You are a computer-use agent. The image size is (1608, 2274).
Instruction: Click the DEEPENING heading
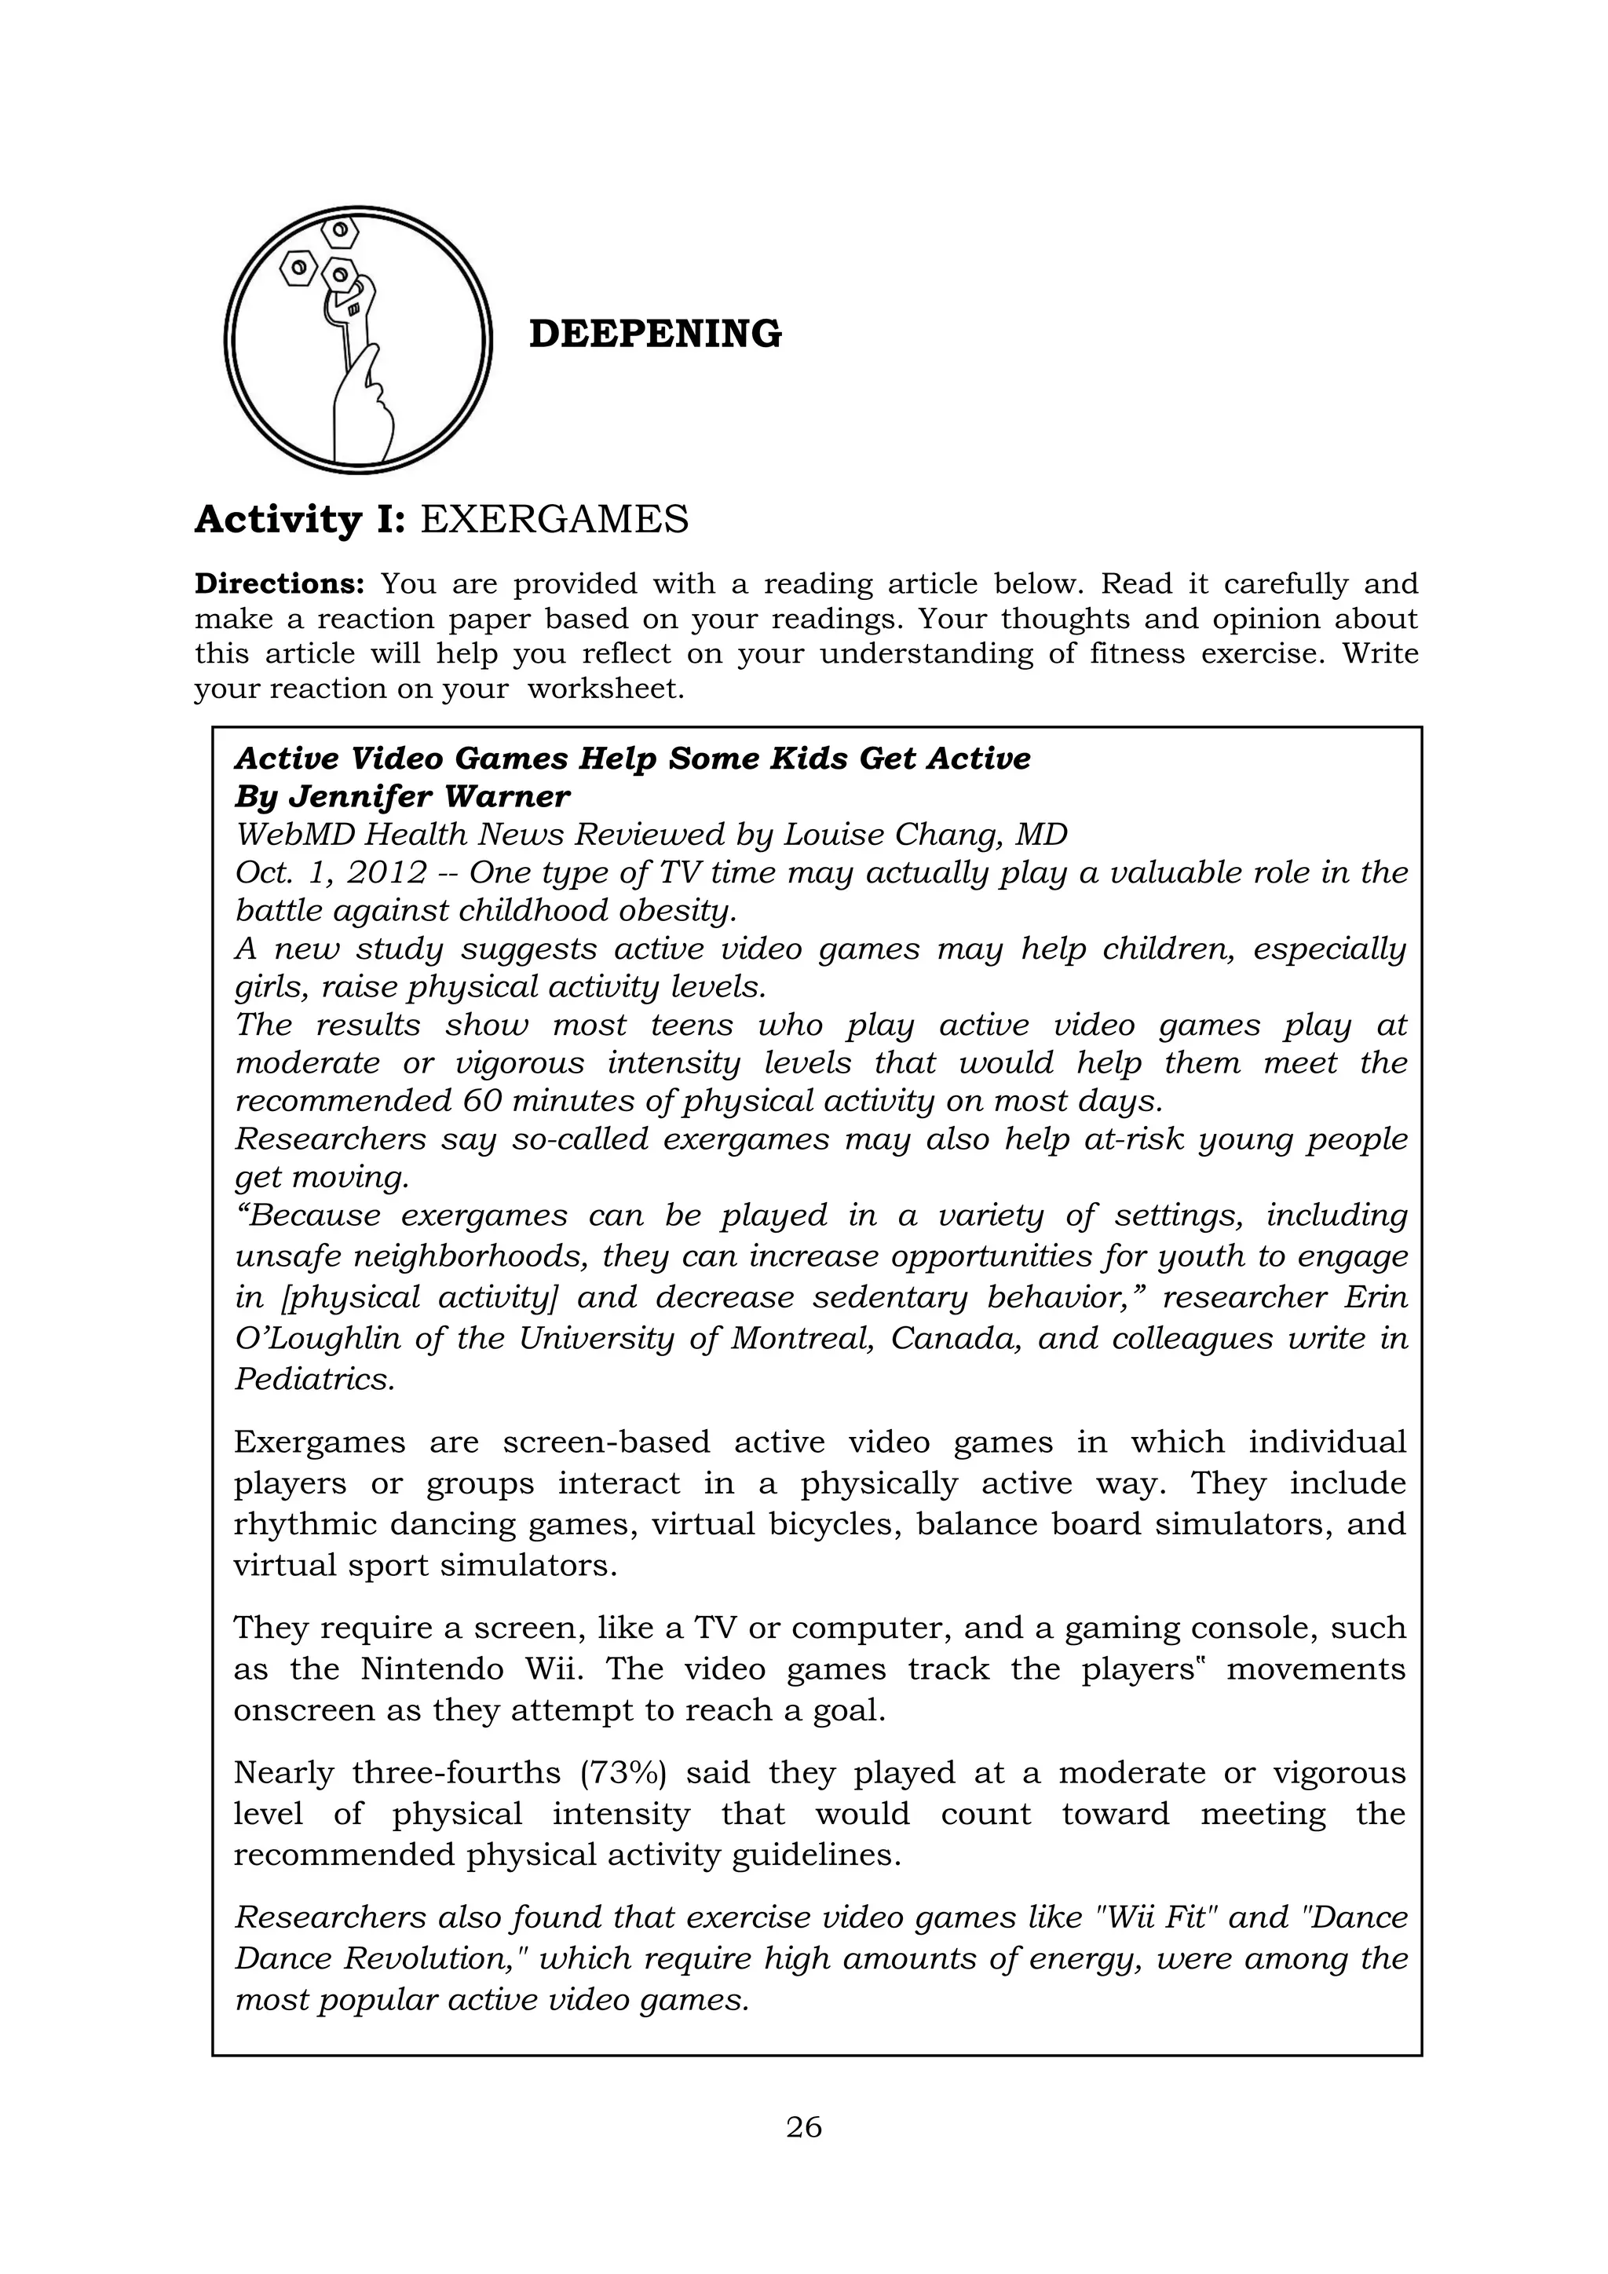pos(655,335)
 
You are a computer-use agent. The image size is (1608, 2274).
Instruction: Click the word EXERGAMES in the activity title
pos(554,519)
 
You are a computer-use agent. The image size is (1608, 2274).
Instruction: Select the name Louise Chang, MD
pos(926,835)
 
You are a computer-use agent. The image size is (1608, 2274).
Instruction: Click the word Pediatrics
pos(314,1380)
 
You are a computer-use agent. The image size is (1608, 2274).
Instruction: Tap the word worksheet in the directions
pos(605,689)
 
